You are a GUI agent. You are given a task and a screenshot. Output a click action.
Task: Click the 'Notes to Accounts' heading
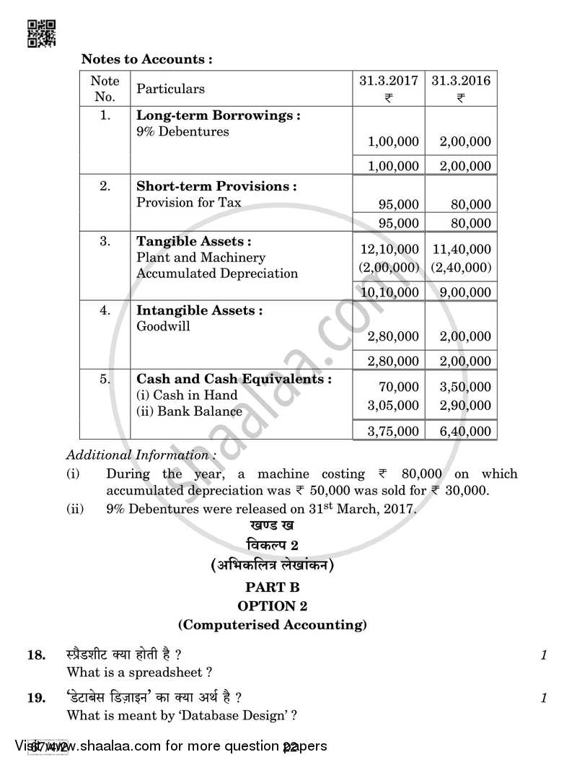(146, 59)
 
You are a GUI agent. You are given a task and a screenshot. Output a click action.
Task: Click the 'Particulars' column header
(171, 89)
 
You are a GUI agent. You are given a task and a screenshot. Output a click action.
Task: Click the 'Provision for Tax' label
(189, 203)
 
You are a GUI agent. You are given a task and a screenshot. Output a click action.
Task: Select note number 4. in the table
(105, 310)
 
